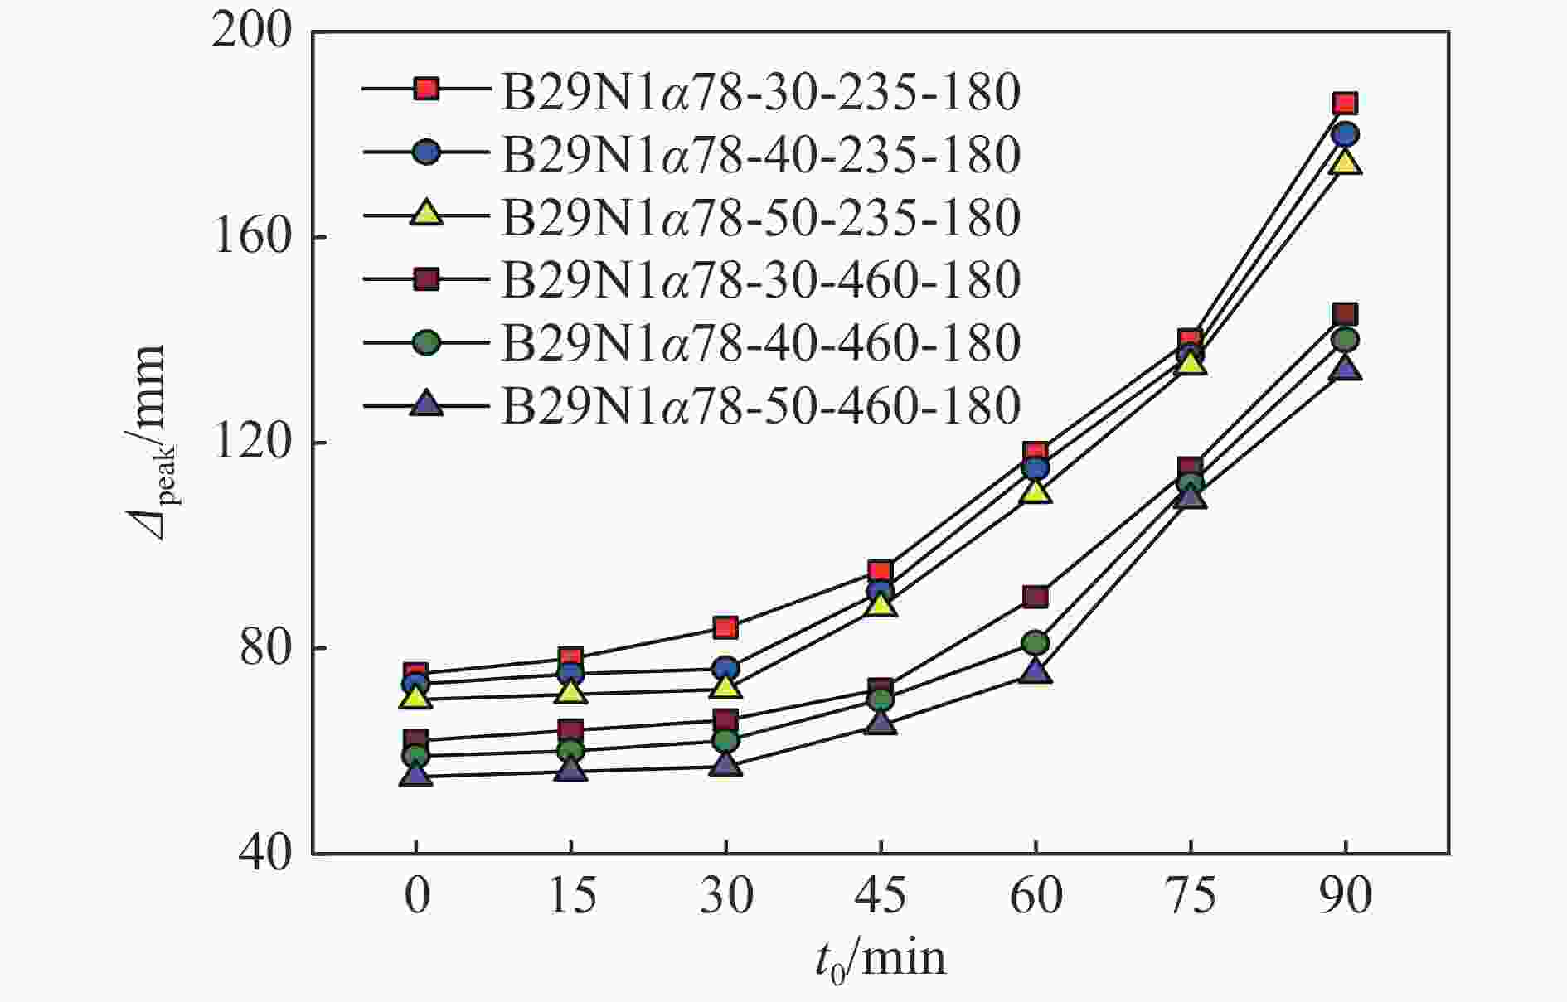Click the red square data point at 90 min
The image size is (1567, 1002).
1345,104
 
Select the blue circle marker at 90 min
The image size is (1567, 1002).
1345,134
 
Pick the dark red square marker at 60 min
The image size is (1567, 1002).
1036,597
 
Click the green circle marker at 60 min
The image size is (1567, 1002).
1036,643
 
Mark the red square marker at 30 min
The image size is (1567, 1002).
725,627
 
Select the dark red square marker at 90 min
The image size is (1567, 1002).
1345,314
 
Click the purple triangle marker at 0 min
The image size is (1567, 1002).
415,777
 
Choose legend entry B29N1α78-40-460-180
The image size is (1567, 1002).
759,342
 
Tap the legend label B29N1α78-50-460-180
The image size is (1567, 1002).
759,405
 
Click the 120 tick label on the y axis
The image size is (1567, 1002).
253,443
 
